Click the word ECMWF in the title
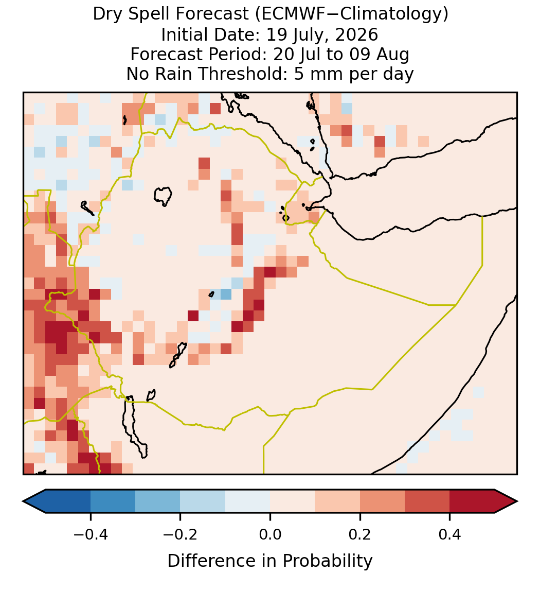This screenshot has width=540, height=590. (x=286, y=14)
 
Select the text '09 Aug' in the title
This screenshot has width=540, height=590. (x=379, y=55)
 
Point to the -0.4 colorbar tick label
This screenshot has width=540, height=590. (x=91, y=534)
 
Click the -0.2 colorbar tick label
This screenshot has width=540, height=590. (x=180, y=534)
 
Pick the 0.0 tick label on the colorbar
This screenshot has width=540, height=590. (x=270, y=534)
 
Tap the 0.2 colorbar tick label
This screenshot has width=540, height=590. (x=360, y=534)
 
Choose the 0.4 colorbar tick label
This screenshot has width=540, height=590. (x=450, y=534)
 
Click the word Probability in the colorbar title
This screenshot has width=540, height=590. (x=327, y=561)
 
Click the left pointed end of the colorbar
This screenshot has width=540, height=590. (x=23, y=501)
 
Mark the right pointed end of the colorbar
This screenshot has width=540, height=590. (x=517, y=501)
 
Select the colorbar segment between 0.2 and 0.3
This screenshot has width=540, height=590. (x=382, y=501)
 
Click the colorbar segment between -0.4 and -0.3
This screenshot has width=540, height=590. (x=113, y=501)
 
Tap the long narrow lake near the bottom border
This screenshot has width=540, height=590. (x=135, y=427)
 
